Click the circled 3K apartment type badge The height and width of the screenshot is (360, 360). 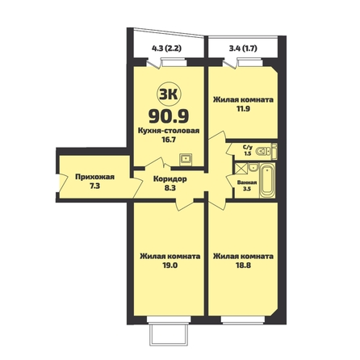(x=169, y=94)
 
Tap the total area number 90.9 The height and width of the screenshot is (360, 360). (x=169, y=116)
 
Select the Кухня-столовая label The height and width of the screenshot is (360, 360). (x=169, y=131)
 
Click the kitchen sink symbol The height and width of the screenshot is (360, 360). (x=186, y=159)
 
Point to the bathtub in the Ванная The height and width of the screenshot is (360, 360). (x=267, y=180)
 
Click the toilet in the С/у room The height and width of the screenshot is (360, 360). (x=263, y=151)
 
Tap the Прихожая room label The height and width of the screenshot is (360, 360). (x=95, y=177)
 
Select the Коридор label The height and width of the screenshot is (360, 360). (x=170, y=179)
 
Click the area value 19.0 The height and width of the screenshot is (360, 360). (x=170, y=266)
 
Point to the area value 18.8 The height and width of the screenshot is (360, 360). (x=243, y=266)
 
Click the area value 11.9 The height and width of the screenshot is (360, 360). (x=243, y=109)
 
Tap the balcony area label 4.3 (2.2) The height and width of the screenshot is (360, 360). (x=166, y=48)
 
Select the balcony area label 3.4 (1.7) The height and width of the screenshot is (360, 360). (x=243, y=48)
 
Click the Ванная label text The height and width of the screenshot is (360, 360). (x=247, y=182)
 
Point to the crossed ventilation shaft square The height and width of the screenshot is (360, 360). (x=241, y=168)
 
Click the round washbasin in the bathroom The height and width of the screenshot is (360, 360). (x=253, y=167)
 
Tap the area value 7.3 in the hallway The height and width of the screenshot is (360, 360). (x=95, y=186)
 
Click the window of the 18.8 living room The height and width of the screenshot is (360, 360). (x=243, y=320)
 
